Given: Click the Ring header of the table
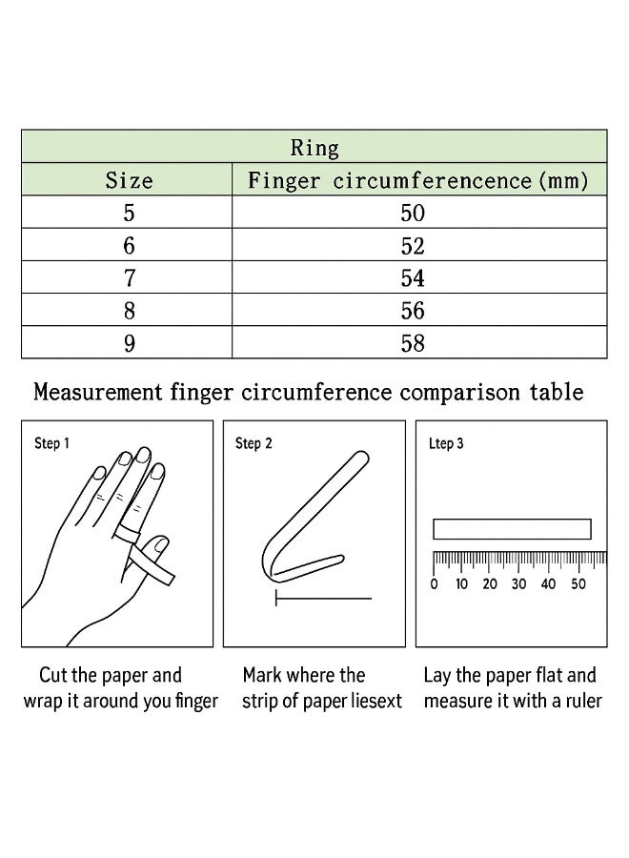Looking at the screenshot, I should pyautogui.click(x=314, y=148).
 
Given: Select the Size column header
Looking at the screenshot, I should pyautogui.click(x=129, y=180).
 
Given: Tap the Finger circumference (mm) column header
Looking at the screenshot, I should pyautogui.click(x=418, y=180).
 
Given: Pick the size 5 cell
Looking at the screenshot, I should pyautogui.click(x=129, y=213).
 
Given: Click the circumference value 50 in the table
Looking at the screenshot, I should pyautogui.click(x=413, y=213).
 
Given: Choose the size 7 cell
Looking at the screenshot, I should pyautogui.click(x=129, y=278).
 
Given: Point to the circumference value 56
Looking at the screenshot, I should pyautogui.click(x=413, y=311).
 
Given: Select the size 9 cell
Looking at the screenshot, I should pyautogui.click(x=129, y=343).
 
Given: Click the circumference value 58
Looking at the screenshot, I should pyautogui.click(x=413, y=343).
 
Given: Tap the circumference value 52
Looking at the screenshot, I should pyautogui.click(x=413, y=246).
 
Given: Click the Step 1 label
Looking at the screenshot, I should pyautogui.click(x=52, y=443).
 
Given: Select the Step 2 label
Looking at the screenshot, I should pyautogui.click(x=254, y=443).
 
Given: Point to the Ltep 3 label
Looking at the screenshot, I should pyautogui.click(x=446, y=443).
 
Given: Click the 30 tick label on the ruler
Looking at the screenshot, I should pyautogui.click(x=519, y=583).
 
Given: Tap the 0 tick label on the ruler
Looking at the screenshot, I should pyautogui.click(x=434, y=583).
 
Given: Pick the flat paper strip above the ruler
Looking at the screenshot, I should pyautogui.click(x=512, y=528).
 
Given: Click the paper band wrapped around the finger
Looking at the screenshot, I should pyautogui.click(x=130, y=523).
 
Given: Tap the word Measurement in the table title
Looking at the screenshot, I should pyautogui.click(x=97, y=392).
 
